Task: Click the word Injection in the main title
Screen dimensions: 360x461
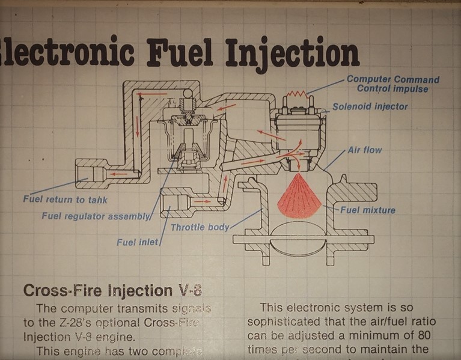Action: coord(292,53)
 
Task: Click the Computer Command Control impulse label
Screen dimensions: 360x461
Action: coord(393,84)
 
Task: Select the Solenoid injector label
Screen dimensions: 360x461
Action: coord(370,107)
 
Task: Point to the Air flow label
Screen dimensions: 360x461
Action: coord(365,150)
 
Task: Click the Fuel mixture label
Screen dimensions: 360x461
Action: coord(368,210)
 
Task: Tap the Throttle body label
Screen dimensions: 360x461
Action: coord(200,227)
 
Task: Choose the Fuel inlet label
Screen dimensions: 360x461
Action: coord(138,242)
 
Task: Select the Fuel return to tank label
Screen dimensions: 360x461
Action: coord(65,200)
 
